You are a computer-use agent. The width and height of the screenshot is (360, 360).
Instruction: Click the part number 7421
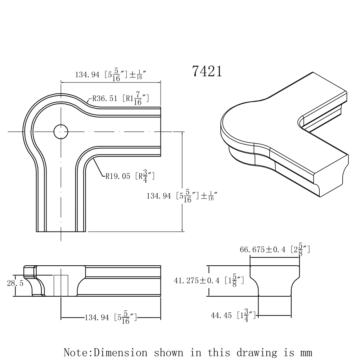[x=207, y=71]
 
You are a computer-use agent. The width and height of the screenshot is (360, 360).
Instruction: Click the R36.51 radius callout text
[x=105, y=98]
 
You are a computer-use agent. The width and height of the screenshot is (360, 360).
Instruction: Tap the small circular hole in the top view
[x=61, y=132]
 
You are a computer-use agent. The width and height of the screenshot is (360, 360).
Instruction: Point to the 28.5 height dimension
[x=15, y=283]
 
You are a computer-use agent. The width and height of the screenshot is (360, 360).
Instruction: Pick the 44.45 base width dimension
[x=221, y=315]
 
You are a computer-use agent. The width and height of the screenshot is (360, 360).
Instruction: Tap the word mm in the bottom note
[x=304, y=352]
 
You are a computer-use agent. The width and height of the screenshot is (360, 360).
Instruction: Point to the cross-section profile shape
[x=275, y=281]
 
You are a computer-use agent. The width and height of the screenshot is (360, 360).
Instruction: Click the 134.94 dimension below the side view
[x=96, y=318]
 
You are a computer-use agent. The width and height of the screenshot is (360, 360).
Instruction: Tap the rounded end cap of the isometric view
[x=234, y=130]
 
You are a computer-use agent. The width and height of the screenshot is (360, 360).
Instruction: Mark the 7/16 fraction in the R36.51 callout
[x=137, y=98]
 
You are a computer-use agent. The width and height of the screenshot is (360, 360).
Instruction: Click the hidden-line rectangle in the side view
[x=61, y=285]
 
